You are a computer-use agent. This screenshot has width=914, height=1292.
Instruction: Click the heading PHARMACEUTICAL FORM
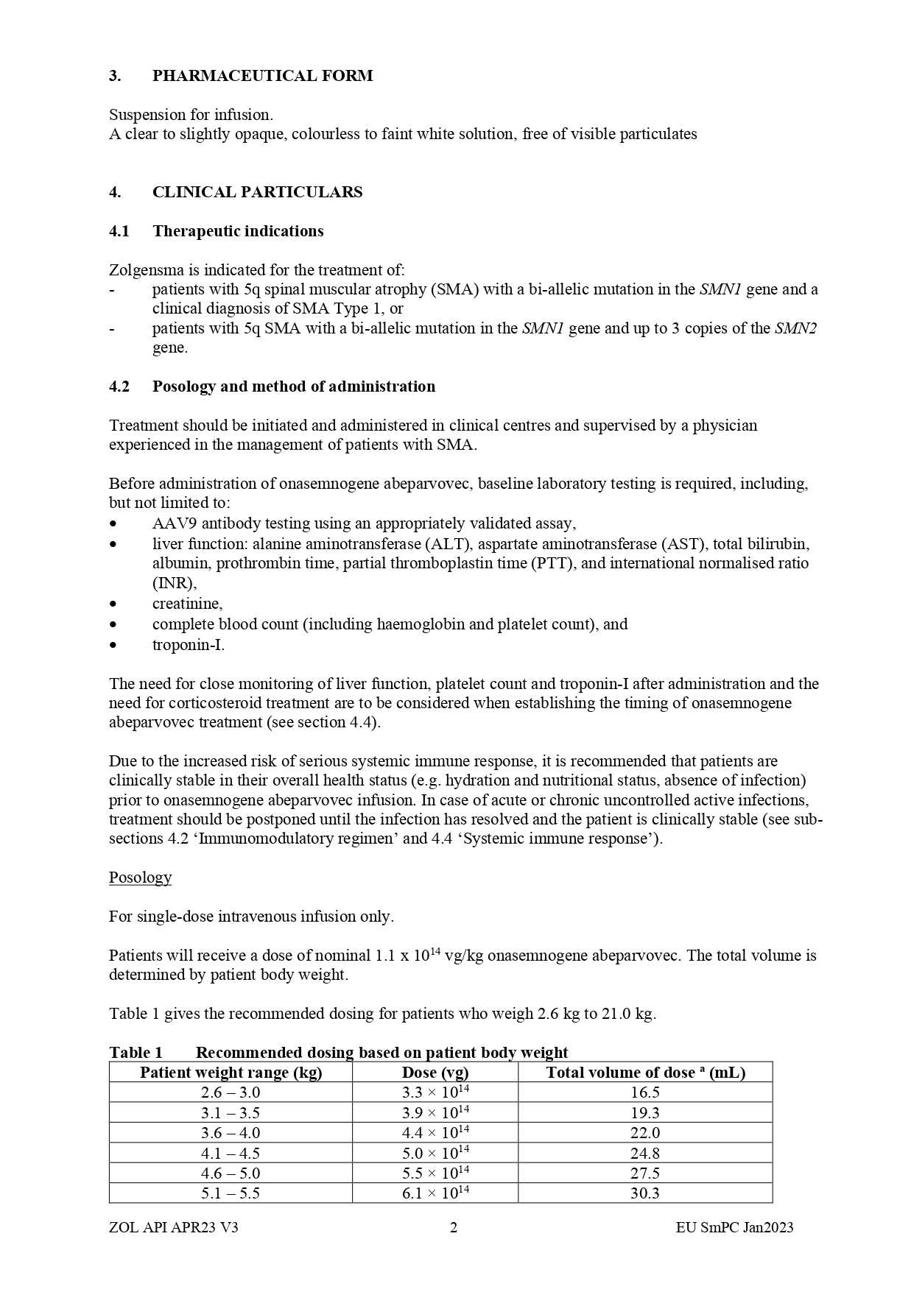tap(262, 76)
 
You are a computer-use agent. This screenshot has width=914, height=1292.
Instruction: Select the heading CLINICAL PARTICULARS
tap(257, 192)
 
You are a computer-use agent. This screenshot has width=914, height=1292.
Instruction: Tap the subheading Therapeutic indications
tap(238, 231)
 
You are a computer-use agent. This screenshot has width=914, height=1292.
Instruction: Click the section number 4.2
tap(119, 386)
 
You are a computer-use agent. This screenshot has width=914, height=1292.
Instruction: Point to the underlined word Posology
tap(140, 878)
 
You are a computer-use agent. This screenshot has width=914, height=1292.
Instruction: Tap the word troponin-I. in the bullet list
tap(189, 645)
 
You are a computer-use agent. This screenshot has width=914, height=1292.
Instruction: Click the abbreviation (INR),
tap(175, 583)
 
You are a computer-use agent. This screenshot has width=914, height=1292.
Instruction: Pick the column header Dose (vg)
tap(435, 1073)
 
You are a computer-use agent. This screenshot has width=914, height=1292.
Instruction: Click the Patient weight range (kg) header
tap(231, 1073)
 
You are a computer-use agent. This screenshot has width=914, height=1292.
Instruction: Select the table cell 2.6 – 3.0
tap(231, 1093)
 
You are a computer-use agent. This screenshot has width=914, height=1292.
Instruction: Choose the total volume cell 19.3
tap(644, 1113)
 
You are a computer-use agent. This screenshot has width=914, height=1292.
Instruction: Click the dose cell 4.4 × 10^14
tap(435, 1133)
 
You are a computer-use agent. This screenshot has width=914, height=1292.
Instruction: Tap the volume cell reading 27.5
tap(644, 1173)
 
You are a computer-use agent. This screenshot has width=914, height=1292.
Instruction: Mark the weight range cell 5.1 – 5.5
tap(231, 1193)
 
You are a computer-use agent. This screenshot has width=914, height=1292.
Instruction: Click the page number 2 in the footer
tap(454, 1227)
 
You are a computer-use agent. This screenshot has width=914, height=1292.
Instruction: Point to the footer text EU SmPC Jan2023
tap(734, 1227)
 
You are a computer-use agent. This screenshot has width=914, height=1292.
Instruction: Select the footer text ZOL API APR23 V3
tap(173, 1227)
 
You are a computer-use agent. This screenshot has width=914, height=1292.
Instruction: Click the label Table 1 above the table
tap(136, 1053)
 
